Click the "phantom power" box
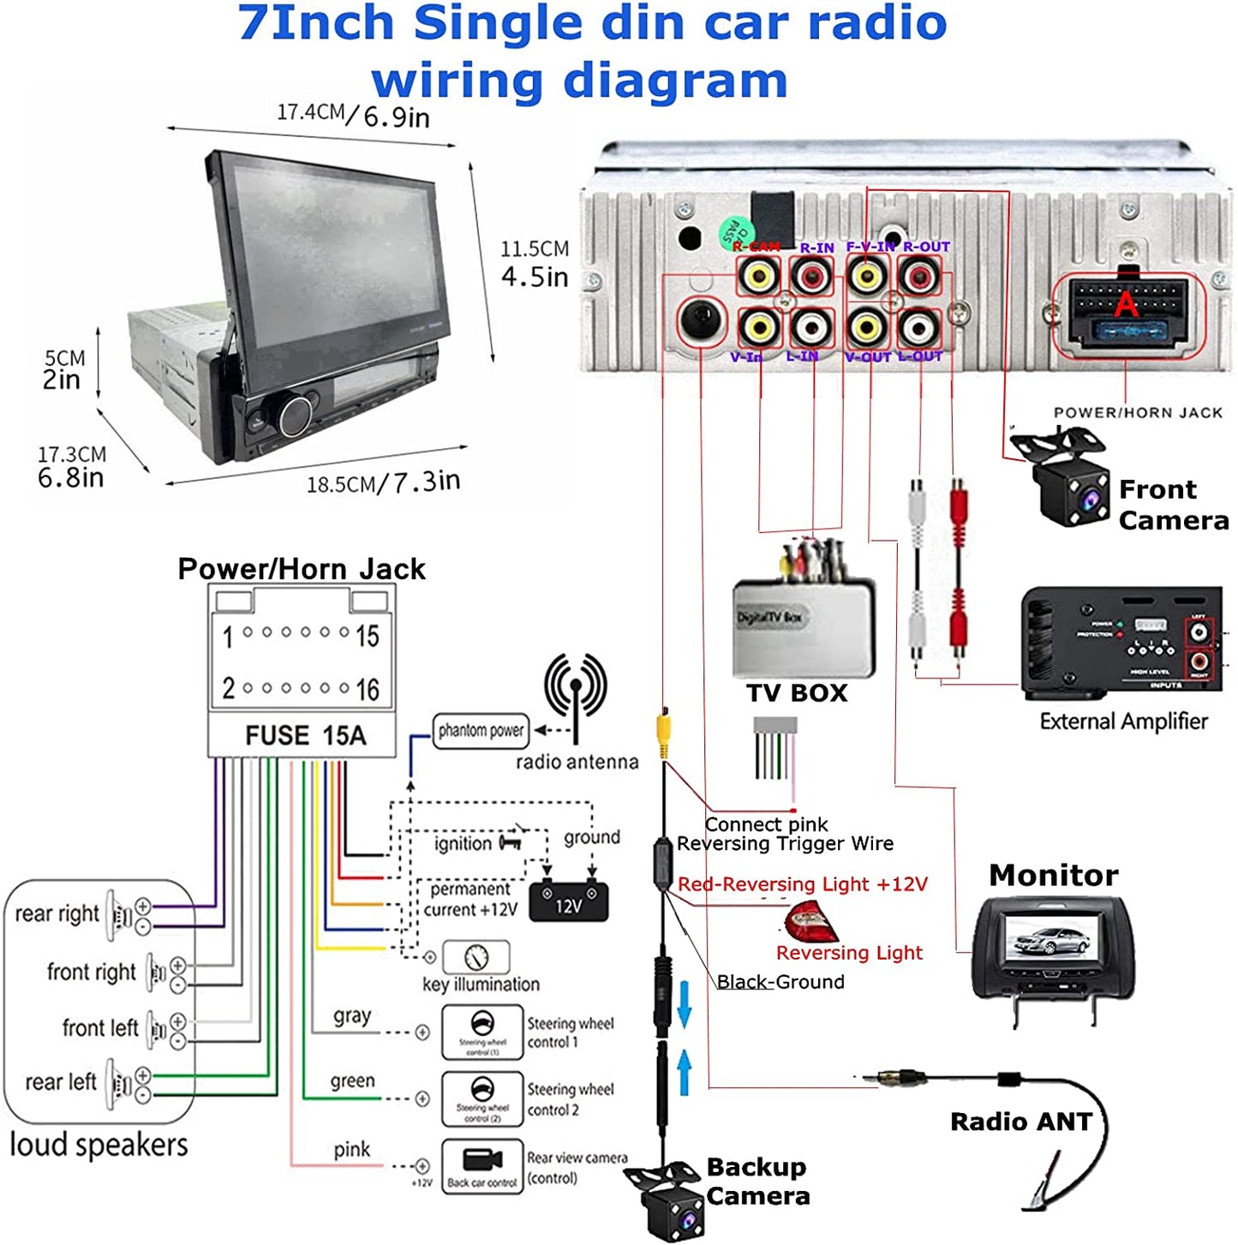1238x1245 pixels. pyautogui.click(x=481, y=731)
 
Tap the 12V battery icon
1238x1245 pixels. pyautogui.click(x=569, y=903)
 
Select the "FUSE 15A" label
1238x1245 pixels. pyautogui.click(x=305, y=735)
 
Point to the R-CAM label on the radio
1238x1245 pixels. pyautogui.click(x=757, y=247)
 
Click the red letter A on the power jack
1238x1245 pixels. pyautogui.click(x=1126, y=303)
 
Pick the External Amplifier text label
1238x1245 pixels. pyautogui.click(x=1123, y=721)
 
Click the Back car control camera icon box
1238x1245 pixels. pyautogui.click(x=482, y=1166)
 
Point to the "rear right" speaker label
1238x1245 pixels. pyautogui.click(x=57, y=913)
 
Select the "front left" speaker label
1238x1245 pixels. pyautogui.click(x=99, y=1027)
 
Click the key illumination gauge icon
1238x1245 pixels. pyautogui.click(x=475, y=956)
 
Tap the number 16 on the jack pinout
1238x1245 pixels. pyautogui.click(x=368, y=689)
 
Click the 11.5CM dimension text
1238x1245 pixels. pyautogui.click(x=535, y=249)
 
